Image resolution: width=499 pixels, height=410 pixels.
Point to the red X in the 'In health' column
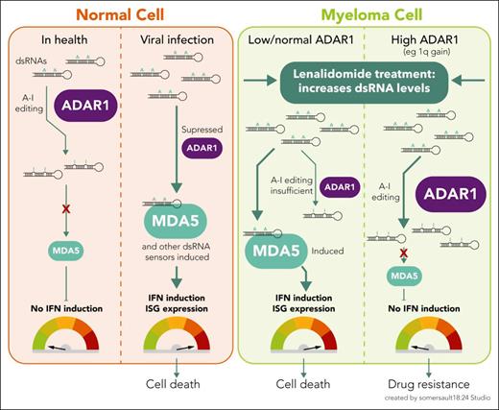click(67, 207)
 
